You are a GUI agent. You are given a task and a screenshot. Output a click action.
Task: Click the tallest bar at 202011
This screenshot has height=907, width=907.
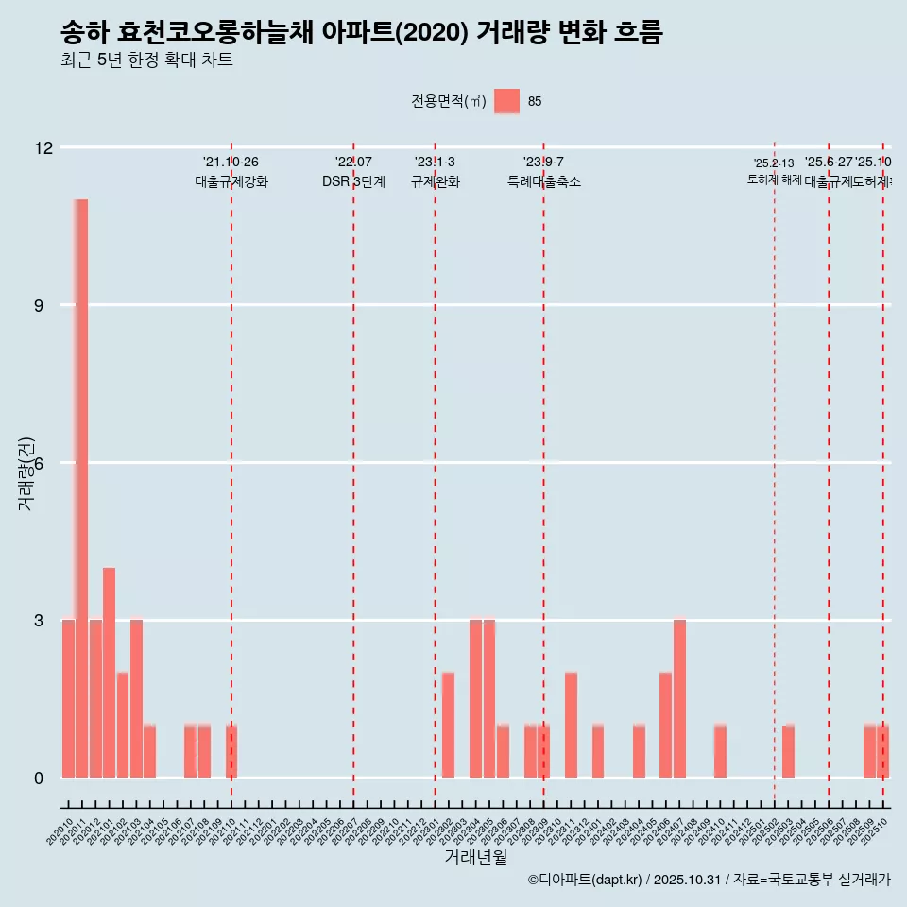coord(81,488)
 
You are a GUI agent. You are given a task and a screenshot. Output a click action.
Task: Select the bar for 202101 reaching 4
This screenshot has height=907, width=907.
coord(109,673)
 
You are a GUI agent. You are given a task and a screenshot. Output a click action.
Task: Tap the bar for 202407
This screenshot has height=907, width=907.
coord(679,699)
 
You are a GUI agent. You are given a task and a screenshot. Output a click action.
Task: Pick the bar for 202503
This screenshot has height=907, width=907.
coord(788,751)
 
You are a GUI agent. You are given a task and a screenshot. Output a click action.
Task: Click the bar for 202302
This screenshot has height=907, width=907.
coord(448,725)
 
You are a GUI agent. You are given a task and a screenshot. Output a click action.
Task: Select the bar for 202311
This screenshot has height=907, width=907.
coord(571,725)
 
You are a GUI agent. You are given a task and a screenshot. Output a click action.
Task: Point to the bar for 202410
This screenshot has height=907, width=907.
coord(720,751)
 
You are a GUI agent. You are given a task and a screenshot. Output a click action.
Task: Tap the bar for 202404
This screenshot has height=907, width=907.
coord(639,751)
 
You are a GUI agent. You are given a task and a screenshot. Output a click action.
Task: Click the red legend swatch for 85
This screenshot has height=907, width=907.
coord(506,101)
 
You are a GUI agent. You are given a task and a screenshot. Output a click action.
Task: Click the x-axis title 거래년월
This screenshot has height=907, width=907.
coord(475,858)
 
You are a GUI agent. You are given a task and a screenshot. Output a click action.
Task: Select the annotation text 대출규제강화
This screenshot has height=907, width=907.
coord(231,181)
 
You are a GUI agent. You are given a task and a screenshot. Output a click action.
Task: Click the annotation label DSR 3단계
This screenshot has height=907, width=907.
coord(353,181)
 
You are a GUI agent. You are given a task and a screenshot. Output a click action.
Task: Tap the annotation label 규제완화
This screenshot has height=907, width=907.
coord(435,181)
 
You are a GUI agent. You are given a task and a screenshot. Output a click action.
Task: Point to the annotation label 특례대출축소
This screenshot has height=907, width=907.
coord(543,181)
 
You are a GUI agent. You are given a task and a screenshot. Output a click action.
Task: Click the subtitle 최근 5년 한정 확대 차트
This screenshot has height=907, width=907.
coord(146,60)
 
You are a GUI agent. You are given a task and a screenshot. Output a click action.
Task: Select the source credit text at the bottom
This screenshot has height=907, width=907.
coord(709,880)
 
